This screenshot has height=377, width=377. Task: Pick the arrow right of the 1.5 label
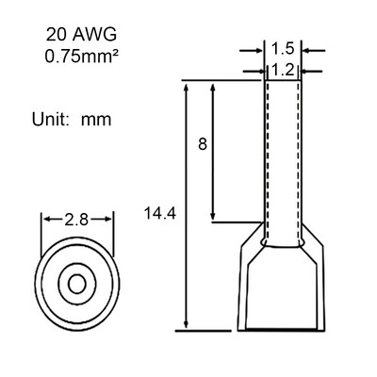(312, 50)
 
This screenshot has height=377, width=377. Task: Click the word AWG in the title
(95, 35)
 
